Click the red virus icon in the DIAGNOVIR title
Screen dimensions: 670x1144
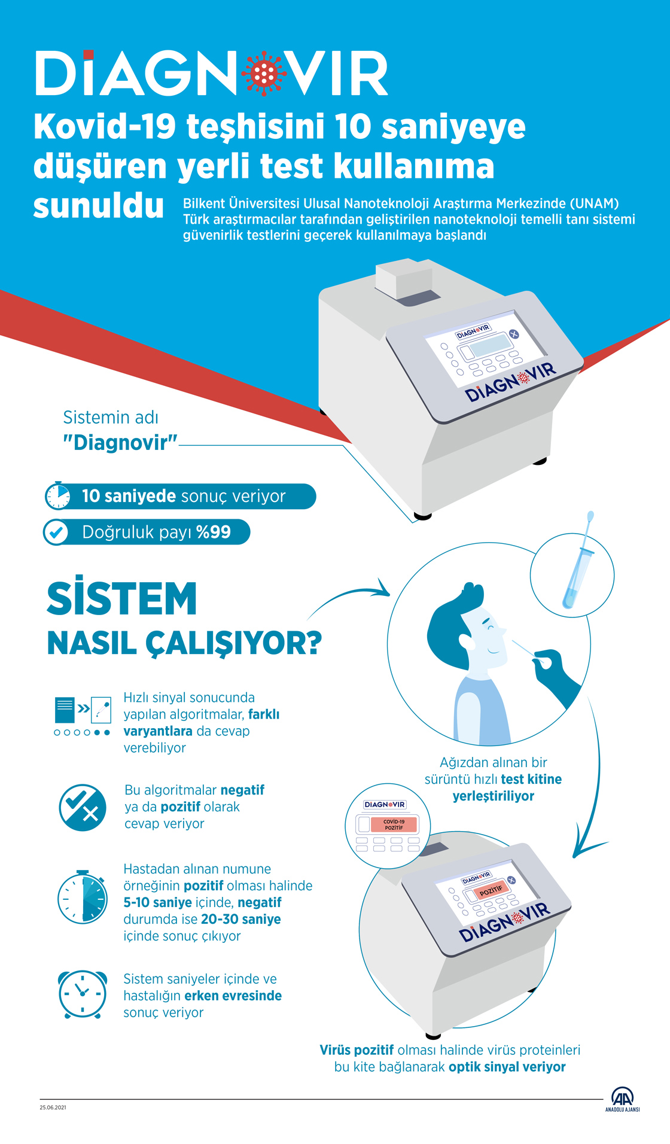[264, 74]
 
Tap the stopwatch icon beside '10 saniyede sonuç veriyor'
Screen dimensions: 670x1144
[58, 496]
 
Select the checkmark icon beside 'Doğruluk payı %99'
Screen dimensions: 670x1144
[57, 532]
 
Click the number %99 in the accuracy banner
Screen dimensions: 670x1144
[214, 532]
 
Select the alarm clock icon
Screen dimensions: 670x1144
[83, 994]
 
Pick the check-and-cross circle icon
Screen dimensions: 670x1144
[83, 807]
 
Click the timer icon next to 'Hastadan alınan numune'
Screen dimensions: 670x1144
[83, 897]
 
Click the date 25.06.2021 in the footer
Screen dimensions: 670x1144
[53, 1108]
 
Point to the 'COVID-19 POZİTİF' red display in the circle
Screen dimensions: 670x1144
[394, 824]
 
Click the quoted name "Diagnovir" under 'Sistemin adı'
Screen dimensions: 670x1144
[120, 443]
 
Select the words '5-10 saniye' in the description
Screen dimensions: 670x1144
[157, 902]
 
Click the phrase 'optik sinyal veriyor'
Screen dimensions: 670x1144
[507, 1067]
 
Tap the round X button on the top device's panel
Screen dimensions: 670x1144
[513, 334]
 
